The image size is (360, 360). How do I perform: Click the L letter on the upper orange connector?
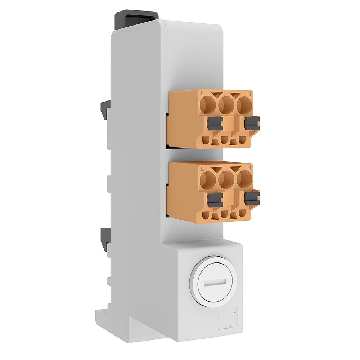[x=202, y=95]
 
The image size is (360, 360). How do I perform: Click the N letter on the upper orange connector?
[x=249, y=94]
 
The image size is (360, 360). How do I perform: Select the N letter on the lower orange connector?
[x=249, y=167]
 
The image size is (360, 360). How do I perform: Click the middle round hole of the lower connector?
[x=226, y=179]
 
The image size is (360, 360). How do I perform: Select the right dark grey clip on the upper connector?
[x=252, y=123]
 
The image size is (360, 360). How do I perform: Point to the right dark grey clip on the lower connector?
[x=252, y=197]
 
